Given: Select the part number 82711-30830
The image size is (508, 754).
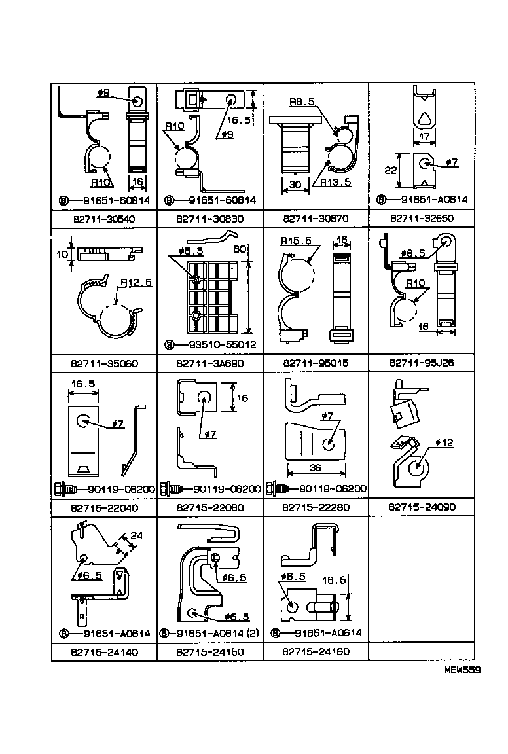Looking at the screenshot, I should [209, 219].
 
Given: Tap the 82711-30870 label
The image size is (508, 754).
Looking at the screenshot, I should [316, 219].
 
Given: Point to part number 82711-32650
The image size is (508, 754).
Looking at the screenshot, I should [422, 219].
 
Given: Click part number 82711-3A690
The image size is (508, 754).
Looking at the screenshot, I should [209, 363].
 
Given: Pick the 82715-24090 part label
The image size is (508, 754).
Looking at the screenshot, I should [422, 507].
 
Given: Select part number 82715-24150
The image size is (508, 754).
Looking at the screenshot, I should [209, 652].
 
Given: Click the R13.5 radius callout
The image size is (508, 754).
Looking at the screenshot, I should [336, 183].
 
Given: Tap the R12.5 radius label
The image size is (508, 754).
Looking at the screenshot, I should [136, 283].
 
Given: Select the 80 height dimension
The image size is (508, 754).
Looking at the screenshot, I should [240, 249].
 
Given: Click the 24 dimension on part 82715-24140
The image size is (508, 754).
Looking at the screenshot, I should [136, 535].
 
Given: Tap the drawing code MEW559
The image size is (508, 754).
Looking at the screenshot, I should [462, 670].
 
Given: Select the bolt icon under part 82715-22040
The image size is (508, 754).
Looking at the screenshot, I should [64, 489].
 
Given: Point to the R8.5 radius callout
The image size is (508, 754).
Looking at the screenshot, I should [304, 102].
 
